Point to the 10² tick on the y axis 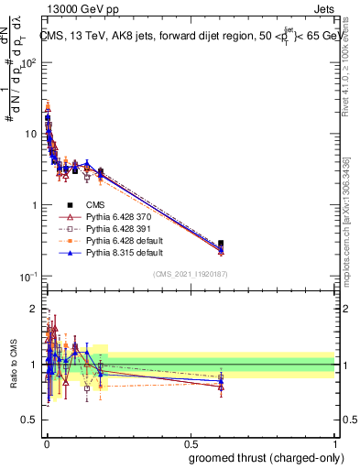coord(30,62)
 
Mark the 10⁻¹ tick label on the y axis coord(30,277)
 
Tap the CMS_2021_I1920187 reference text coord(190,273)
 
